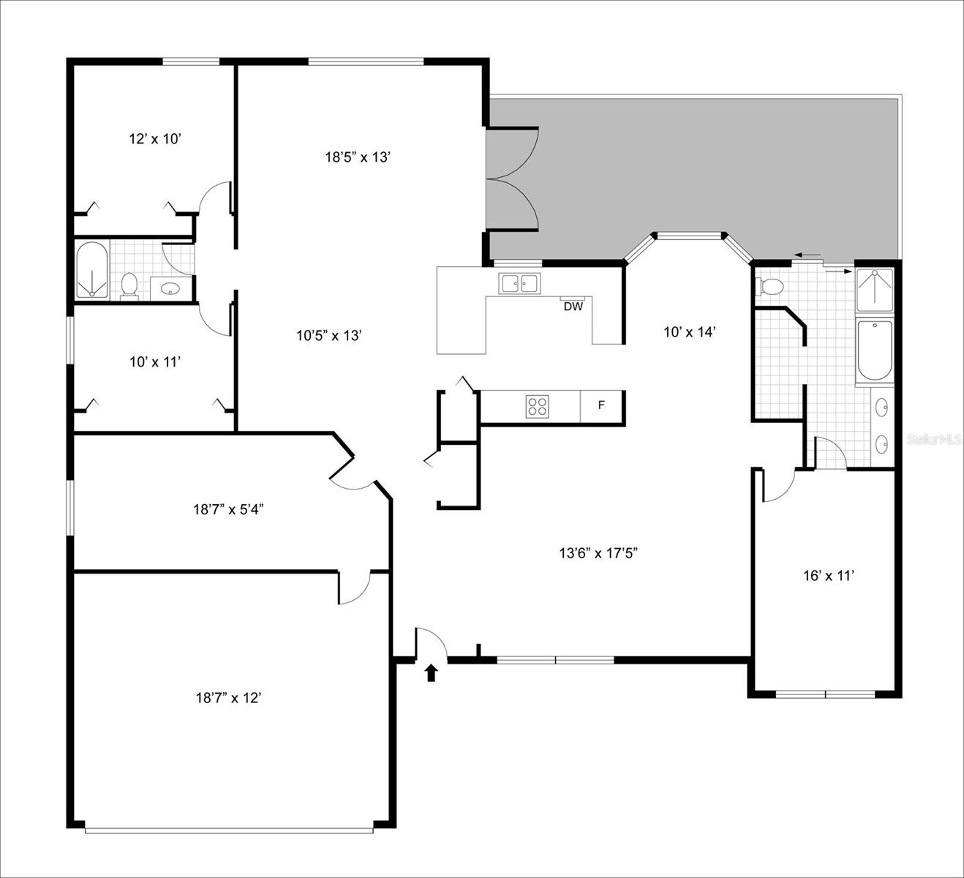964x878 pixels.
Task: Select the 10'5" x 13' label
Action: click(x=330, y=336)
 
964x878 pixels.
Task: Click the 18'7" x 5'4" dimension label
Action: click(x=228, y=509)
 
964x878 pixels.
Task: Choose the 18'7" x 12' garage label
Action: click(x=228, y=698)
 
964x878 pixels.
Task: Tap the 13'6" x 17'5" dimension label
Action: click(x=599, y=553)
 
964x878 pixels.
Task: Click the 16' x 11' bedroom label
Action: click(x=829, y=576)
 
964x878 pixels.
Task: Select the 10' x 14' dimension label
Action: click(x=688, y=331)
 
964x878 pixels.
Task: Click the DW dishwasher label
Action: click(x=573, y=307)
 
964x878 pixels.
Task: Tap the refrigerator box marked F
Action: click(x=601, y=405)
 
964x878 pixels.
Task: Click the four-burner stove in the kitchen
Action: click(x=537, y=406)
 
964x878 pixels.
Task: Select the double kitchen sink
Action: click(x=519, y=282)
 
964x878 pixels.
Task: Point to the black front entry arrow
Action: click(x=431, y=672)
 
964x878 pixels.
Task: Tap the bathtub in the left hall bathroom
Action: click(x=91, y=270)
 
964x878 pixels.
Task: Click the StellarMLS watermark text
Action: click(x=933, y=439)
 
